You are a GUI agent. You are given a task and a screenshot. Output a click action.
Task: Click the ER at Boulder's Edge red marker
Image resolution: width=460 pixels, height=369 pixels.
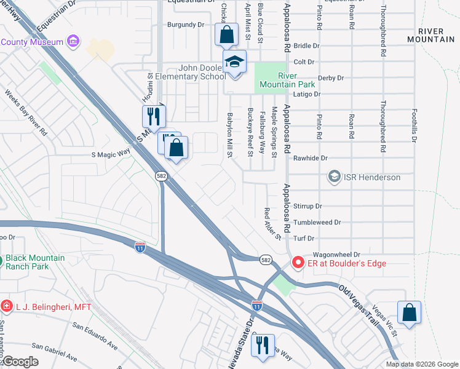click(x=298, y=263)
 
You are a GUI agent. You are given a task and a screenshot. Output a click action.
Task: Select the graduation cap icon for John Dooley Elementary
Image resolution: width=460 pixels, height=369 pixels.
click(x=234, y=62)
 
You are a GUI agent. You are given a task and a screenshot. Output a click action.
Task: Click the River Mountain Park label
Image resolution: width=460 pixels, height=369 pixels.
click(x=296, y=80)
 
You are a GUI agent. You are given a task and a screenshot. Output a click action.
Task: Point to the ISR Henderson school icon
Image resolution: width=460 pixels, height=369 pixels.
click(x=334, y=177)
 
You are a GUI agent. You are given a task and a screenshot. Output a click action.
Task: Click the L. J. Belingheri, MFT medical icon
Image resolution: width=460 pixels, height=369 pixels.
click(x=6, y=306)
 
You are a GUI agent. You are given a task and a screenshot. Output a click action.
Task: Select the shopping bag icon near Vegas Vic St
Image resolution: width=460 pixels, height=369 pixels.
click(x=409, y=313)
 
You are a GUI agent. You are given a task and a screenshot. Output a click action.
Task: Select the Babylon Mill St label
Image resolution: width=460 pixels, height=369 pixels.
click(x=231, y=134)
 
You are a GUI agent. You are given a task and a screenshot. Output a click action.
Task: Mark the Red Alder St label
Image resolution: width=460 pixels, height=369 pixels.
click(x=271, y=224)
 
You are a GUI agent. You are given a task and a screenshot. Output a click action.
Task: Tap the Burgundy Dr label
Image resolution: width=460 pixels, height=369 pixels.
click(x=185, y=25)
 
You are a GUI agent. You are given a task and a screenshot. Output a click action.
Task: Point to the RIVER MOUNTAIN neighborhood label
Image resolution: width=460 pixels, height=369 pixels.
click(x=435, y=34)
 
